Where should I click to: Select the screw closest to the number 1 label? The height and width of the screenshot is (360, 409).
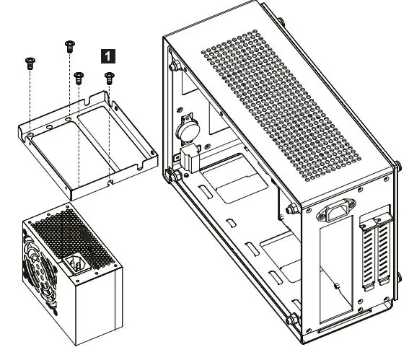coord(109,76)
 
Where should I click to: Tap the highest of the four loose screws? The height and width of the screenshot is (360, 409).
coord(70,45)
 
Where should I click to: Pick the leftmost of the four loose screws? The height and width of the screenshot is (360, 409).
coord(30,62)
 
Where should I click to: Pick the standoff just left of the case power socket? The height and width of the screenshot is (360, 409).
coord(291,210)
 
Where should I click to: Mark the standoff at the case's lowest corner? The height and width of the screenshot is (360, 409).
coord(291,320)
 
